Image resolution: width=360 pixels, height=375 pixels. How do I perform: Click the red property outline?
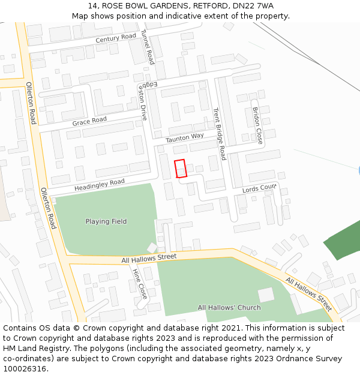(180, 169)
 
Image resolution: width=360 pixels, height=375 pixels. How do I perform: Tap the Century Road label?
(116, 38)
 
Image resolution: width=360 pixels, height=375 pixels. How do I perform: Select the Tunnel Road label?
(148, 47)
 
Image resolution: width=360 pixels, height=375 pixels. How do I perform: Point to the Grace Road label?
(89, 121)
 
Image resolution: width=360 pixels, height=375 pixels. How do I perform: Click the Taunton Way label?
(185, 137)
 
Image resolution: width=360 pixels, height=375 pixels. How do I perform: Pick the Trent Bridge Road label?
(219, 134)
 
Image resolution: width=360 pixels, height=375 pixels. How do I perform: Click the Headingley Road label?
(100, 185)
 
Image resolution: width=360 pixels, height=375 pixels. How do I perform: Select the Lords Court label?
(259, 189)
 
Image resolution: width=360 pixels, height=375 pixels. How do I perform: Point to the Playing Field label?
(106, 221)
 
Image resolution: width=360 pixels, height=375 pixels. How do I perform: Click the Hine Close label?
(139, 284)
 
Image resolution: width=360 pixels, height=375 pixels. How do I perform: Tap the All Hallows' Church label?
(229, 308)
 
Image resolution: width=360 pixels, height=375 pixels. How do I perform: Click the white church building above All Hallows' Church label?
(266, 295)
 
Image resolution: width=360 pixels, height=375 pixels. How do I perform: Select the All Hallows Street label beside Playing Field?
(149, 257)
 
